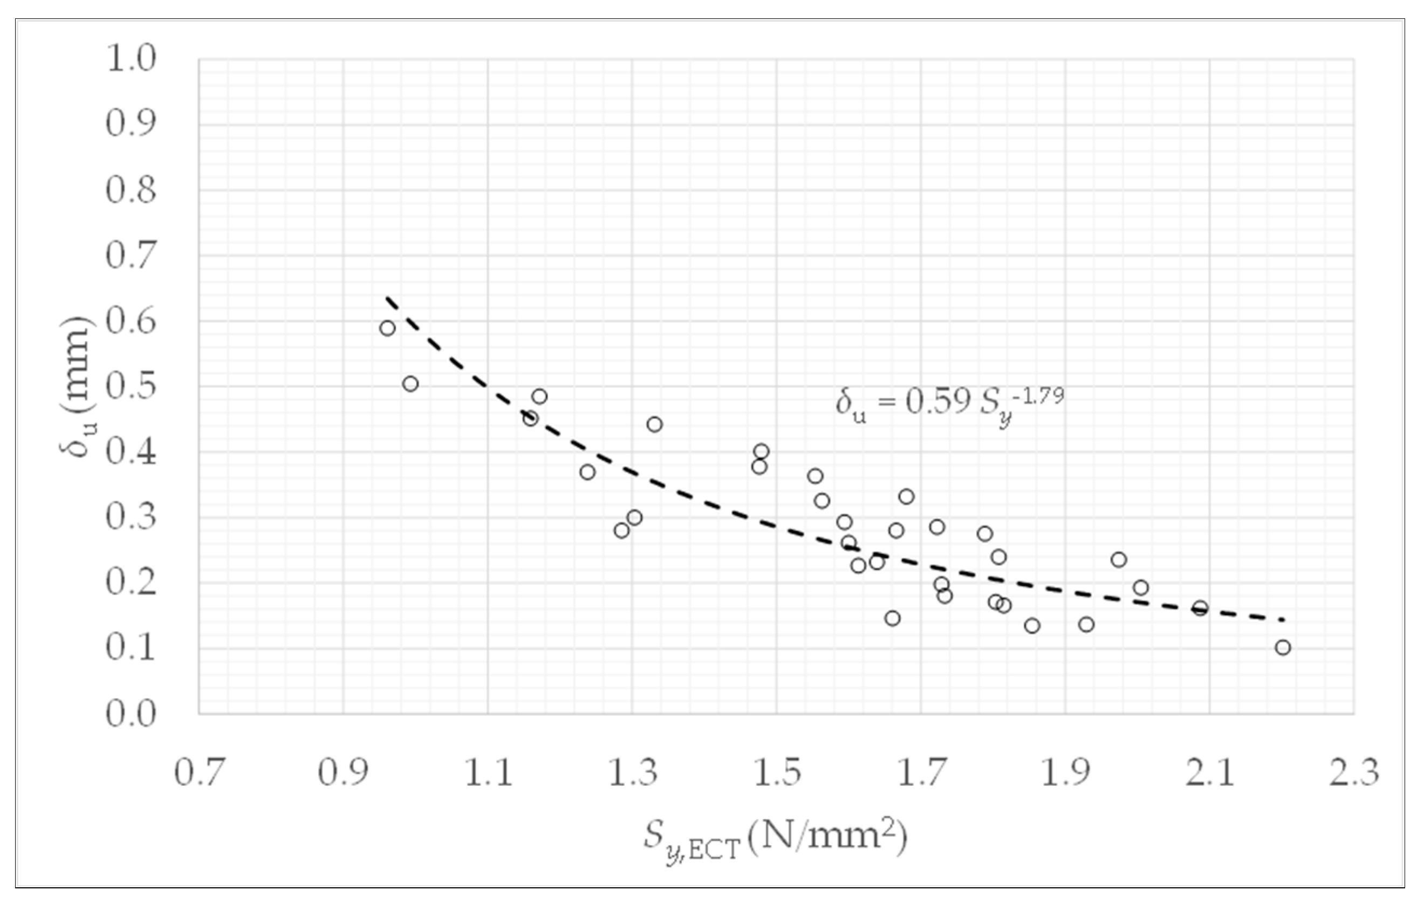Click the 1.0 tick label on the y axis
click(x=131, y=59)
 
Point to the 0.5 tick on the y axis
click(x=131, y=387)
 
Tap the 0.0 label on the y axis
click(x=131, y=714)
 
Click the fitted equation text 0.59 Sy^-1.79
click(x=949, y=404)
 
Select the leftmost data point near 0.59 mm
click(x=387, y=328)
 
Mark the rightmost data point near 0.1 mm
click(x=1283, y=647)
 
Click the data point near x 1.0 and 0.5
click(x=410, y=383)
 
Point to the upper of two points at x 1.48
click(x=762, y=451)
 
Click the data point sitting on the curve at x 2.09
click(x=1200, y=608)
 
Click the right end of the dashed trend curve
click(x=1283, y=620)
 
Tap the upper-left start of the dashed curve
click(x=388, y=297)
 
